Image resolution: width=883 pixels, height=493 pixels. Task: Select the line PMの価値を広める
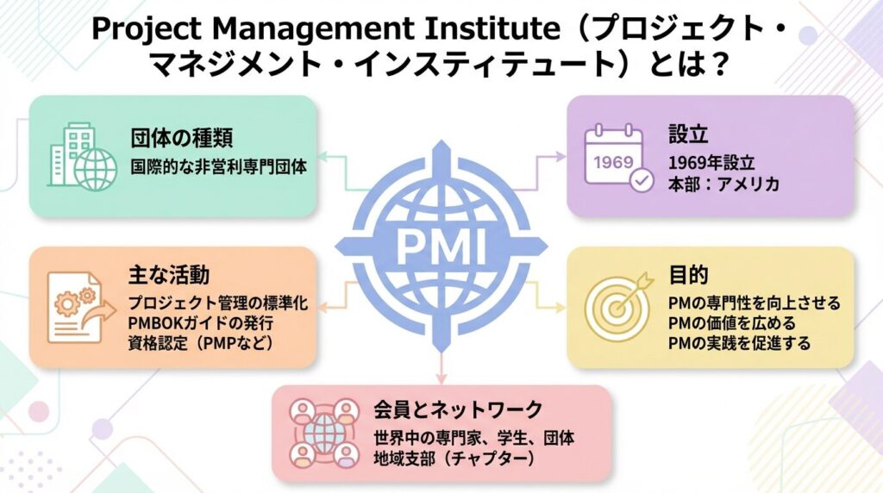[732, 323]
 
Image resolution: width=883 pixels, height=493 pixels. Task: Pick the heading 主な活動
[169, 275]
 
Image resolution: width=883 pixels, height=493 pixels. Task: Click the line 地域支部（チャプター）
[455, 459]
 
